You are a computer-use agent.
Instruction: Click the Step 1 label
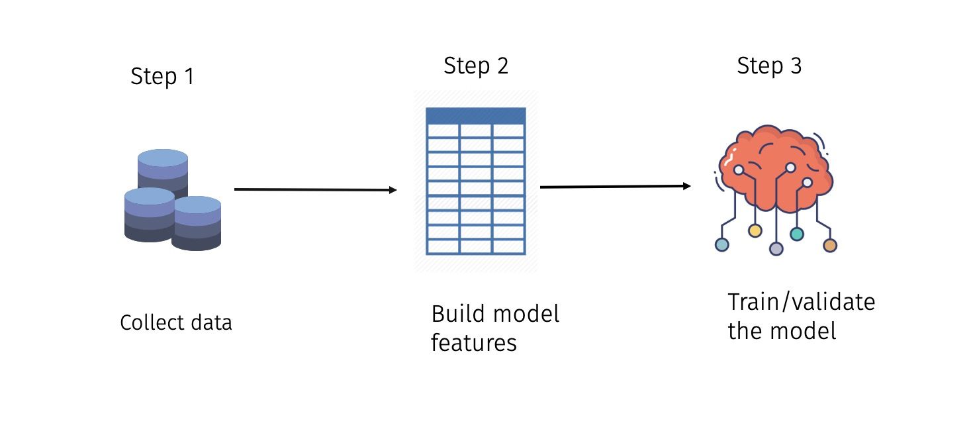pos(162,77)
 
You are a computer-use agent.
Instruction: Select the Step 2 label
pos(476,66)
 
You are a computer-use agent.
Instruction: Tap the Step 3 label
pos(769,66)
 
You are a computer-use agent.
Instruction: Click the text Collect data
pos(176,323)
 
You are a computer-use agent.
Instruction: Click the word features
pos(473,343)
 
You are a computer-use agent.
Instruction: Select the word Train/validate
pos(801,303)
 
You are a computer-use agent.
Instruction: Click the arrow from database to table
pos(315,190)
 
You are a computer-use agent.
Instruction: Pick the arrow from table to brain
pos(615,187)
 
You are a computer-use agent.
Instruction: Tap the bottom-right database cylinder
pos(196,223)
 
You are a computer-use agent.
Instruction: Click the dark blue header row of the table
pos(476,116)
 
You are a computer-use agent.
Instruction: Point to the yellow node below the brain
pos(755,230)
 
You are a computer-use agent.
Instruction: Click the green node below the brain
pos(797,234)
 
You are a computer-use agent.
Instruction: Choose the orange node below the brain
pos(830,246)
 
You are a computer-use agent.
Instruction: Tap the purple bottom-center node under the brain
pos(776,249)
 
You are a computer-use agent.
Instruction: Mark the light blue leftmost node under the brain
pos(722,245)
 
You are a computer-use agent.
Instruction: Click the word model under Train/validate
pos(804,330)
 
